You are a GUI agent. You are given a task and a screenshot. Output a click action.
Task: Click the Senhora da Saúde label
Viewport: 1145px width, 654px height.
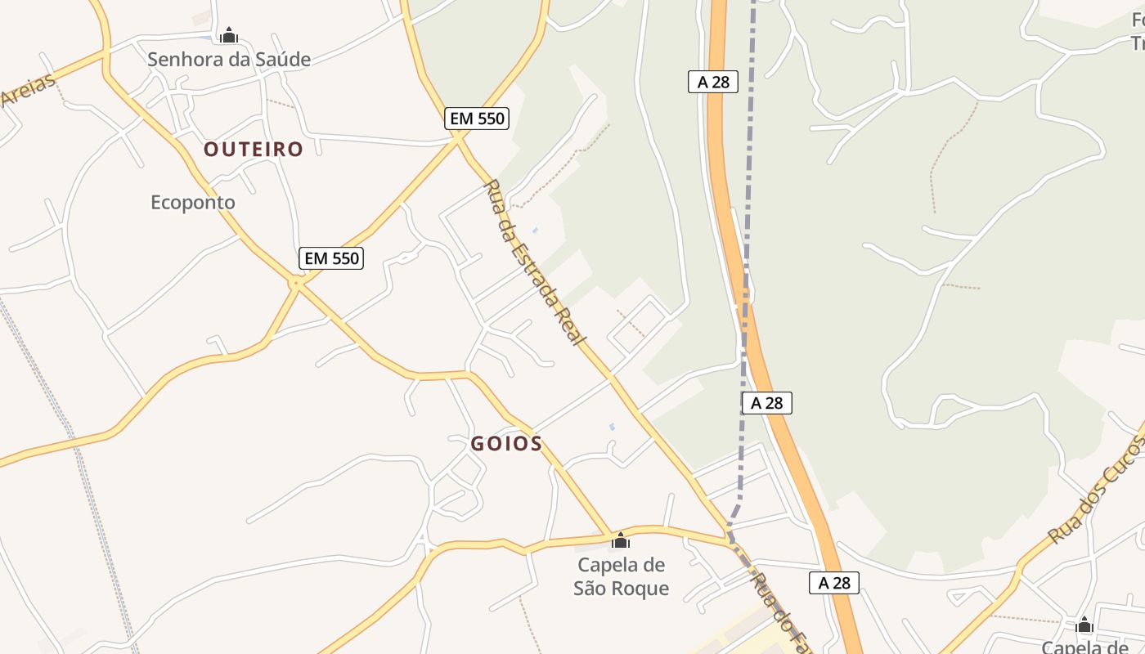click(x=229, y=59)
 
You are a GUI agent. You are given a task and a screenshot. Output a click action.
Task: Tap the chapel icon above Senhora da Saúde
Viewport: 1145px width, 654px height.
click(x=229, y=35)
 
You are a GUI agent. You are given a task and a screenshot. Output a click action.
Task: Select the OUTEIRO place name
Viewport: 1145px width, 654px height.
click(x=254, y=149)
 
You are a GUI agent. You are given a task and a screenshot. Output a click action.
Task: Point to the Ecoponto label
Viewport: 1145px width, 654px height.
click(x=193, y=202)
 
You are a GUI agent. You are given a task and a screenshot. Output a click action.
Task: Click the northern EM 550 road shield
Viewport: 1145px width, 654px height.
click(x=478, y=119)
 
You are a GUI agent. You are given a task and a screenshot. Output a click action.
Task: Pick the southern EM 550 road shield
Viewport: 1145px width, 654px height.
click(x=330, y=258)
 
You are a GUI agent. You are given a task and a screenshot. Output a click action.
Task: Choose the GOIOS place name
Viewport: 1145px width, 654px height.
click(x=506, y=444)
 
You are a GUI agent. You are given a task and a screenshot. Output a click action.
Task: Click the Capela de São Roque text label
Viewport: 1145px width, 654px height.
click(x=622, y=576)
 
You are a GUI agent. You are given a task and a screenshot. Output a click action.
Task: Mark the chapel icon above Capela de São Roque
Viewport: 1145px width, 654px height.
click(x=621, y=540)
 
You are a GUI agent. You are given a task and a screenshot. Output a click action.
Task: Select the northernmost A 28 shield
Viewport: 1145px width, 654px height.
click(x=713, y=82)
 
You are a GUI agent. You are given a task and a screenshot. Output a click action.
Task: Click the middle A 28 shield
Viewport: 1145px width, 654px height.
click(x=767, y=402)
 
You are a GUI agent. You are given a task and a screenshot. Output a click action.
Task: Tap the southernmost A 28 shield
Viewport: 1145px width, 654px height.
click(x=834, y=583)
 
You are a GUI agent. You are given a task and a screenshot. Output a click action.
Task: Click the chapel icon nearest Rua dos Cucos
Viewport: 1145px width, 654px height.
click(x=1084, y=625)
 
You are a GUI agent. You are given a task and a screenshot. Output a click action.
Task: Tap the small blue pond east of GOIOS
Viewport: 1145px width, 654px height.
click(x=613, y=426)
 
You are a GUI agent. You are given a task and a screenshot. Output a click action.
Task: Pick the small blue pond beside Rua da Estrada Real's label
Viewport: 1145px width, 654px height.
click(x=535, y=231)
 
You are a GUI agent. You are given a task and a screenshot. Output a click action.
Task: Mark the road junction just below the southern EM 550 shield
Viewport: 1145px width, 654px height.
click(x=296, y=283)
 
